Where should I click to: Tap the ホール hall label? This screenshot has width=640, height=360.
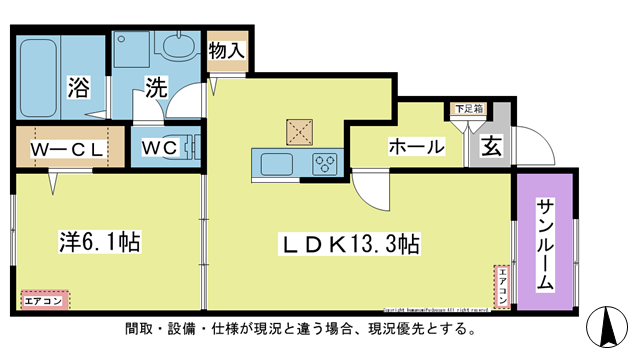coord(416,147)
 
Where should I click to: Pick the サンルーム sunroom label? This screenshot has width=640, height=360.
coord(545,245)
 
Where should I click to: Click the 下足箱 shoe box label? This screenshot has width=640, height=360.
coord(468,108)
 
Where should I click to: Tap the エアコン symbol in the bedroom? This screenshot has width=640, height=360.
coord(44,300)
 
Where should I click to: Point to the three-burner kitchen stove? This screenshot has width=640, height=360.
coord(325,163)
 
